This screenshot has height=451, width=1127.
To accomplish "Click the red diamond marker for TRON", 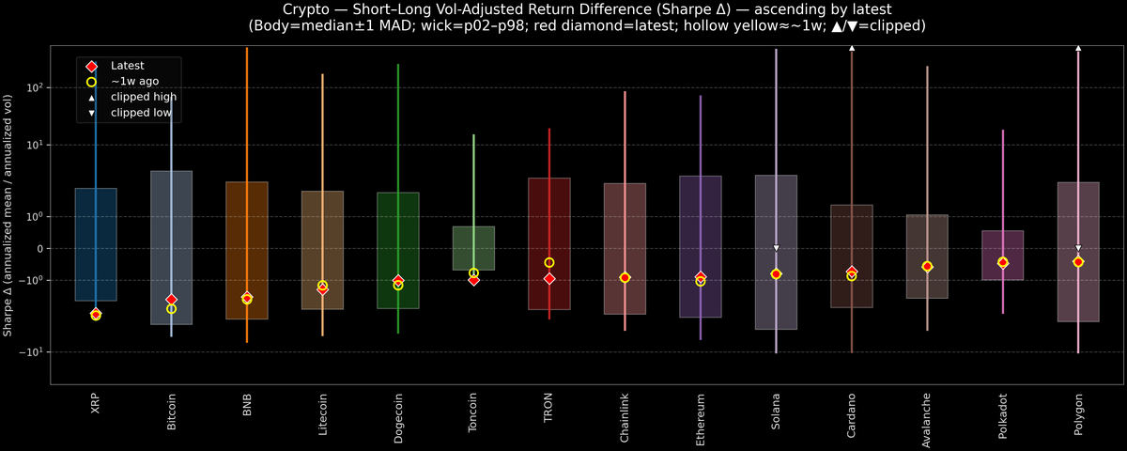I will (x=549, y=279).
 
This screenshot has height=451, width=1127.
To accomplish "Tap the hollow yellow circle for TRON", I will (x=549, y=263).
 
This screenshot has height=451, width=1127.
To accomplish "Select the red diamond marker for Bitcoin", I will (x=171, y=300).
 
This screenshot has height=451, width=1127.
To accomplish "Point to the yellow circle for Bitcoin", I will (x=171, y=309).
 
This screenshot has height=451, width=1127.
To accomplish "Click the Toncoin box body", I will (x=473, y=248).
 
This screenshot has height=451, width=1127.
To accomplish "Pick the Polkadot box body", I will (x=1002, y=255).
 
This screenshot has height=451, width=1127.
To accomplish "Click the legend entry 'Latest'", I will (x=127, y=66).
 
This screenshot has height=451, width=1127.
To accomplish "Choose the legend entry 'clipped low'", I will (x=140, y=113).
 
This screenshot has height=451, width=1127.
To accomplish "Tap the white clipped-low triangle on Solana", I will (x=776, y=248).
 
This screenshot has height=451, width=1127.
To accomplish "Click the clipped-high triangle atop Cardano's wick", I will (x=852, y=47).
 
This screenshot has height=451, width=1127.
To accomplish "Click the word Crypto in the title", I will (x=280, y=8).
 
